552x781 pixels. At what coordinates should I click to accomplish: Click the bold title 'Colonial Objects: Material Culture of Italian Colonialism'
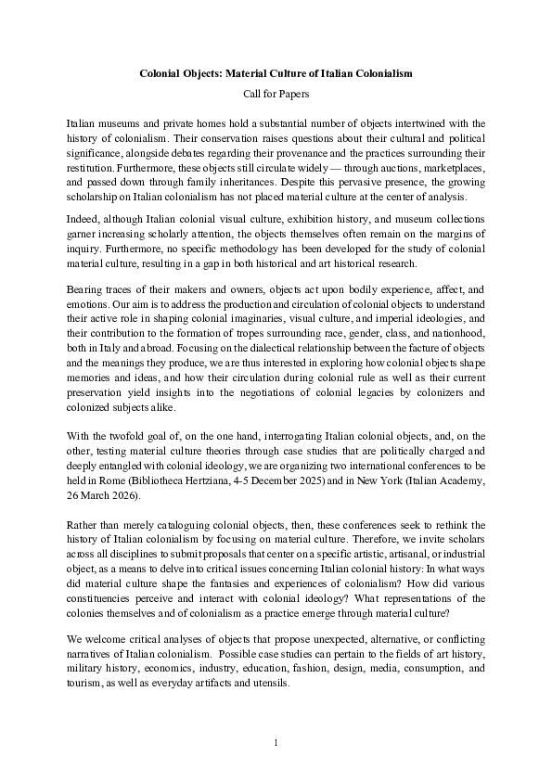point(276,71)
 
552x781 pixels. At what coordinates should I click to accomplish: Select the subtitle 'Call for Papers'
point(276,94)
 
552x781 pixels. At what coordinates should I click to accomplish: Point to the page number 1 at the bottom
point(276,743)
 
